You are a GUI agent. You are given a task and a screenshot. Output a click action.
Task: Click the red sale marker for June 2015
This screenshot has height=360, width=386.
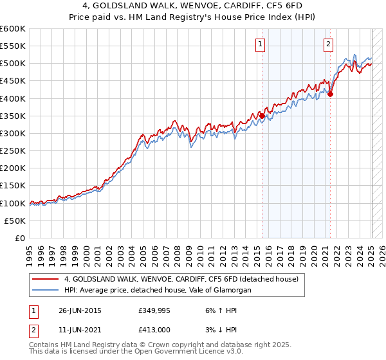pyautogui.click(x=262, y=116)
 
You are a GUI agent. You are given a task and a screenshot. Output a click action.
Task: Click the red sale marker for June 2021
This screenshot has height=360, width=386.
pyautogui.click(x=330, y=94)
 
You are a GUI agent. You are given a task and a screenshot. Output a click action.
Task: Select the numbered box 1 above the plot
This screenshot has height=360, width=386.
pyautogui.click(x=260, y=44)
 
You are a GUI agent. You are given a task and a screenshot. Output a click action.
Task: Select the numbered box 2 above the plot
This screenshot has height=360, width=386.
pyautogui.click(x=328, y=44)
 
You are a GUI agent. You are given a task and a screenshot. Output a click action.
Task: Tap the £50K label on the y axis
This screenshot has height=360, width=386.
pyautogui.click(x=15, y=221)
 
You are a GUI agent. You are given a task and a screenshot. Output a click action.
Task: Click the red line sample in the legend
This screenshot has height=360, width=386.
pyautogui.click(x=46, y=280)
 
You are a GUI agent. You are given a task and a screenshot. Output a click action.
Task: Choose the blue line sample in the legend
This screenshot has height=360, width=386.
pyautogui.click(x=46, y=291)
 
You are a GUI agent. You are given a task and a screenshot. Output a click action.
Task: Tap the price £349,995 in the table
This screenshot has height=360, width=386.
pyautogui.click(x=154, y=310)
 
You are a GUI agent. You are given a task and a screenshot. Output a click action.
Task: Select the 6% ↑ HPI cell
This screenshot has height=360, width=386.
pyautogui.click(x=220, y=310)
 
